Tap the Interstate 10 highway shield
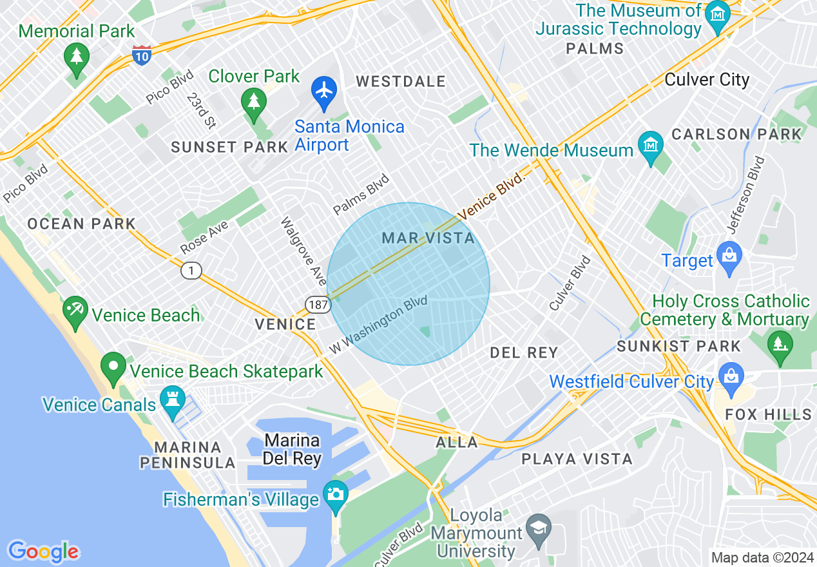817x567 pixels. click(142, 55)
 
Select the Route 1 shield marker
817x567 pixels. click(191, 271)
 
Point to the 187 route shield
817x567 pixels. click(318, 304)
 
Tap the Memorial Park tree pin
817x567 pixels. click(77, 57)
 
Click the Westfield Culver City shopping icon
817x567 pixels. click(731, 376)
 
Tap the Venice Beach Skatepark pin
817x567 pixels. click(114, 367)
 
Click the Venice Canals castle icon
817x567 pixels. click(172, 399)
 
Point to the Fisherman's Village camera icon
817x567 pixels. click(335, 494)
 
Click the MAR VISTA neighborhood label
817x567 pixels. click(428, 238)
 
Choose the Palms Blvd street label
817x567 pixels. click(361, 194)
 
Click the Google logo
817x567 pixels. click(43, 552)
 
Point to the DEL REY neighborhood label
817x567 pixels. click(523, 352)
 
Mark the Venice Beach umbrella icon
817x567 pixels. click(76, 310)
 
